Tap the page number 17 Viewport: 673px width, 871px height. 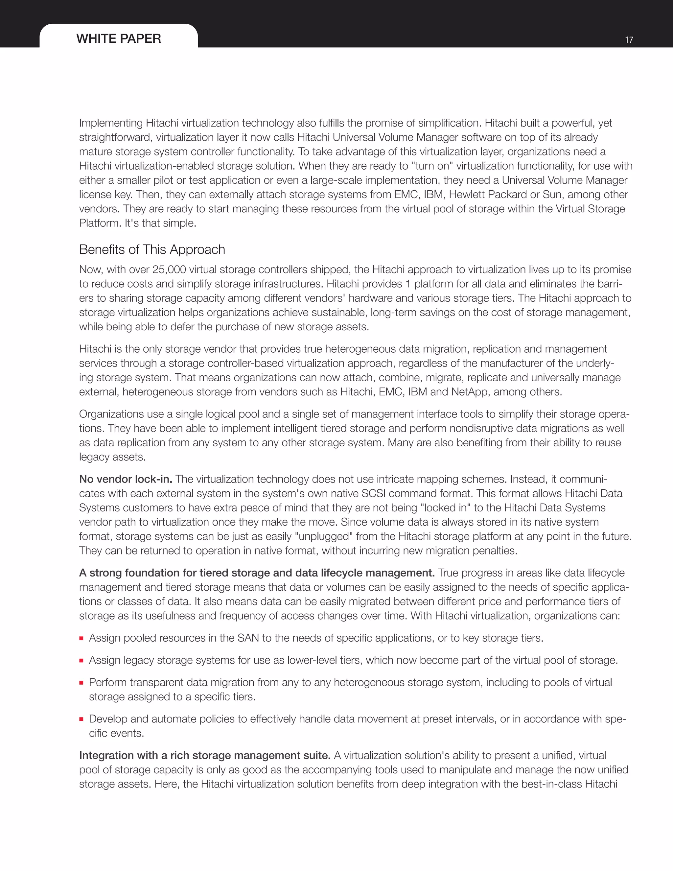[629, 40]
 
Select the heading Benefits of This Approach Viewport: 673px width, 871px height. [152, 250]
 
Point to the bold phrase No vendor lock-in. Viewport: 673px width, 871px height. [126, 479]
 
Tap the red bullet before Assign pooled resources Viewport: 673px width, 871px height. [81, 639]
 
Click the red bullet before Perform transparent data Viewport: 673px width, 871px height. [81, 683]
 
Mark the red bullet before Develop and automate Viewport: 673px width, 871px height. [81, 719]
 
